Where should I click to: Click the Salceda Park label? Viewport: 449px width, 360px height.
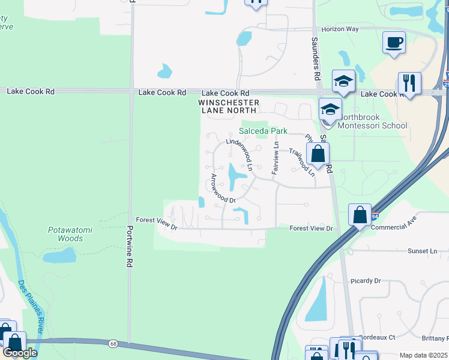tap(264, 131)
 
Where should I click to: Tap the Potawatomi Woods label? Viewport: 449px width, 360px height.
tap(65, 234)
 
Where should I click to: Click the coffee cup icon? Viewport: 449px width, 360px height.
tap(394, 43)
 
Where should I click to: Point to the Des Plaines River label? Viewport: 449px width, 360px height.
tap(28, 306)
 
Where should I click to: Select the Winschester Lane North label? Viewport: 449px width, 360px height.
tap(229, 107)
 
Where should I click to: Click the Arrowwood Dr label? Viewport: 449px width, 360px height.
tap(222, 188)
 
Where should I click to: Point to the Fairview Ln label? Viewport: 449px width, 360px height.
tap(276, 157)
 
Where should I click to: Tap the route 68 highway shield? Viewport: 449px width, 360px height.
tap(113, 343)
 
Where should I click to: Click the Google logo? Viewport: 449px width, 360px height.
tap(20, 353)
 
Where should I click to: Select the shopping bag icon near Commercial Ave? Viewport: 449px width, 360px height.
tap(359, 214)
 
